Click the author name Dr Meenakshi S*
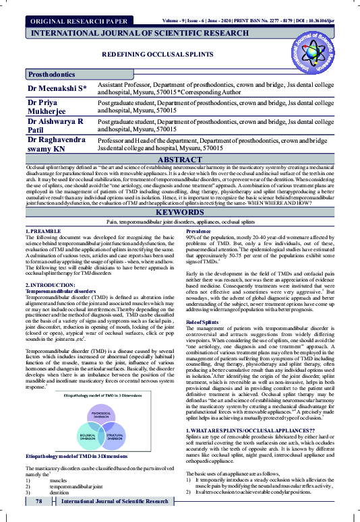pyautogui.click(x=56, y=88)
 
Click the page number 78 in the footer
pyautogui.click(x=40, y=502)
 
